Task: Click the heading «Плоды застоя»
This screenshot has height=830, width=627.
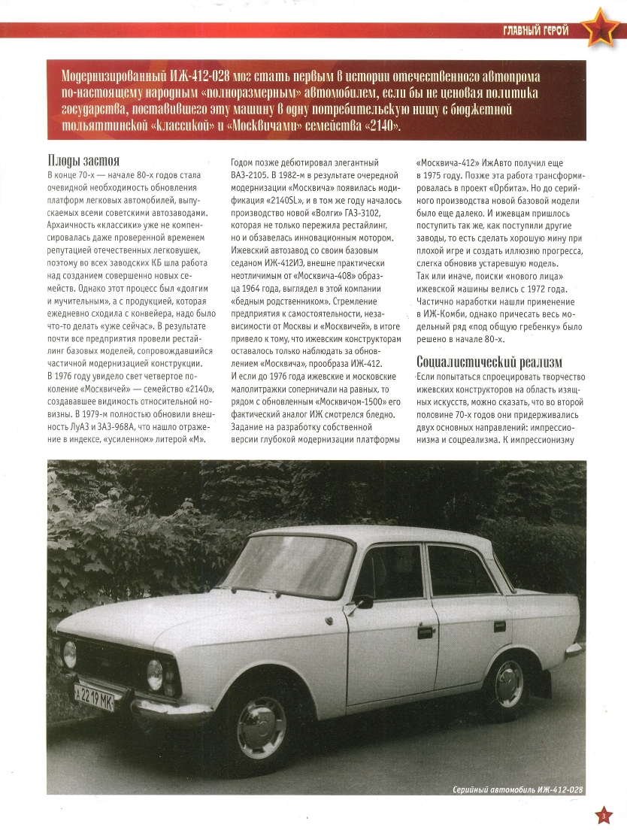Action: [x=83, y=160]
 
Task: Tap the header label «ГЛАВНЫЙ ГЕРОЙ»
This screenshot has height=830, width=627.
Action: [x=535, y=30]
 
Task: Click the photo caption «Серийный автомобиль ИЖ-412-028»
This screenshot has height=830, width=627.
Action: [x=519, y=790]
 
